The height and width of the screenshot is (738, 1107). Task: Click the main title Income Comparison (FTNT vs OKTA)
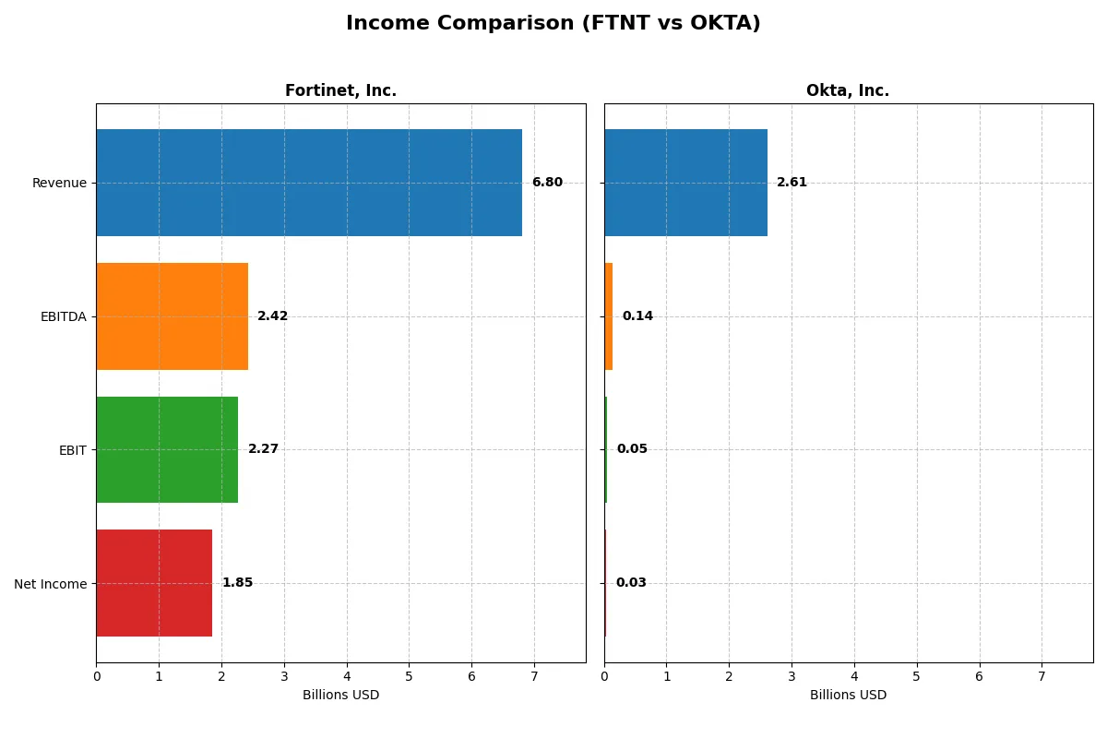(x=553, y=24)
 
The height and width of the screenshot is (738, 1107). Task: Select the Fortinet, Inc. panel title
(x=340, y=91)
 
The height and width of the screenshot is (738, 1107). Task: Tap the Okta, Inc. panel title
(x=848, y=91)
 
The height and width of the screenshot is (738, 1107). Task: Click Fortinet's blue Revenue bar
(x=309, y=183)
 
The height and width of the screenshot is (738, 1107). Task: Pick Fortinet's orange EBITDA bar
(x=172, y=316)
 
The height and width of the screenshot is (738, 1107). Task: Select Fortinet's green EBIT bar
(x=167, y=449)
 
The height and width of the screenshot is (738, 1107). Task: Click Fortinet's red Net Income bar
(x=154, y=583)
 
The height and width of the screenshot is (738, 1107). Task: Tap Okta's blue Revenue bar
(x=685, y=183)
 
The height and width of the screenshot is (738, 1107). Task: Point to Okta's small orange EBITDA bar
(x=609, y=316)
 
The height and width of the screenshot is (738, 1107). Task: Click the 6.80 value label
(x=547, y=183)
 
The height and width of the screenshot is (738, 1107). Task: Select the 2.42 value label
(x=272, y=316)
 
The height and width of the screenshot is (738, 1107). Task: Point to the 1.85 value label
(x=237, y=583)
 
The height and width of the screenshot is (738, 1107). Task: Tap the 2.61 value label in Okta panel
(x=792, y=183)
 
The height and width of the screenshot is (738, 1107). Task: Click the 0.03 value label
(x=631, y=583)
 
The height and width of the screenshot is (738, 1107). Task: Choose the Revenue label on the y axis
(x=59, y=183)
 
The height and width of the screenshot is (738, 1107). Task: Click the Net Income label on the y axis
(x=51, y=584)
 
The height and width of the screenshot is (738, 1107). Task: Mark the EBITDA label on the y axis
(x=63, y=316)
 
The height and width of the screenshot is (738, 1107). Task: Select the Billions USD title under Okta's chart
(x=848, y=696)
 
